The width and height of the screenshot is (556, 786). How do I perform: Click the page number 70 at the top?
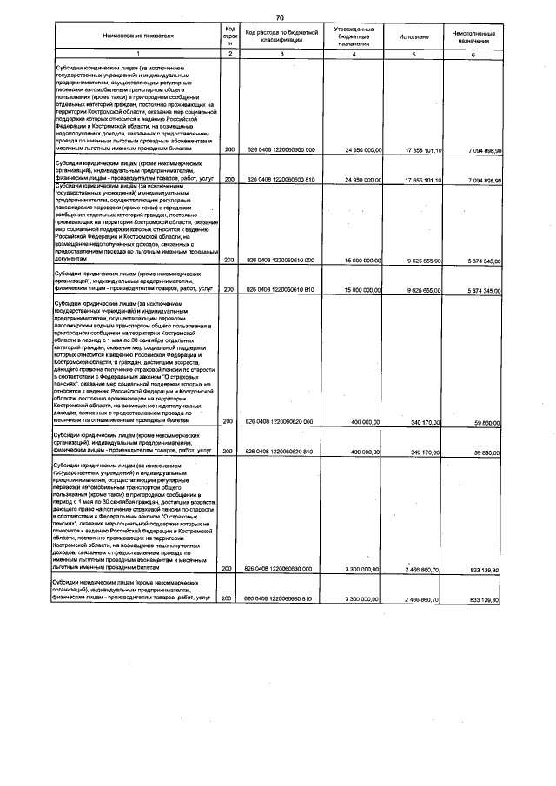[280, 17]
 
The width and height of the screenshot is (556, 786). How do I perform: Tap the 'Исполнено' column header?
[414, 37]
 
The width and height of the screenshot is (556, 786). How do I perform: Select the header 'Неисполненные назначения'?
[473, 37]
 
